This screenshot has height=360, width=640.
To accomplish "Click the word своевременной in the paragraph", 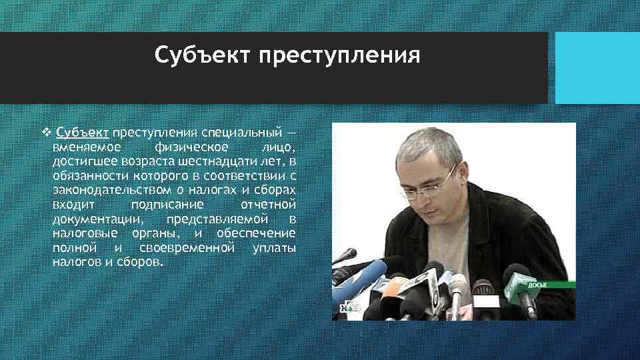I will [x=187, y=248].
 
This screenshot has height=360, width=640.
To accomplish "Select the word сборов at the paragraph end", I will [x=138, y=263].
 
